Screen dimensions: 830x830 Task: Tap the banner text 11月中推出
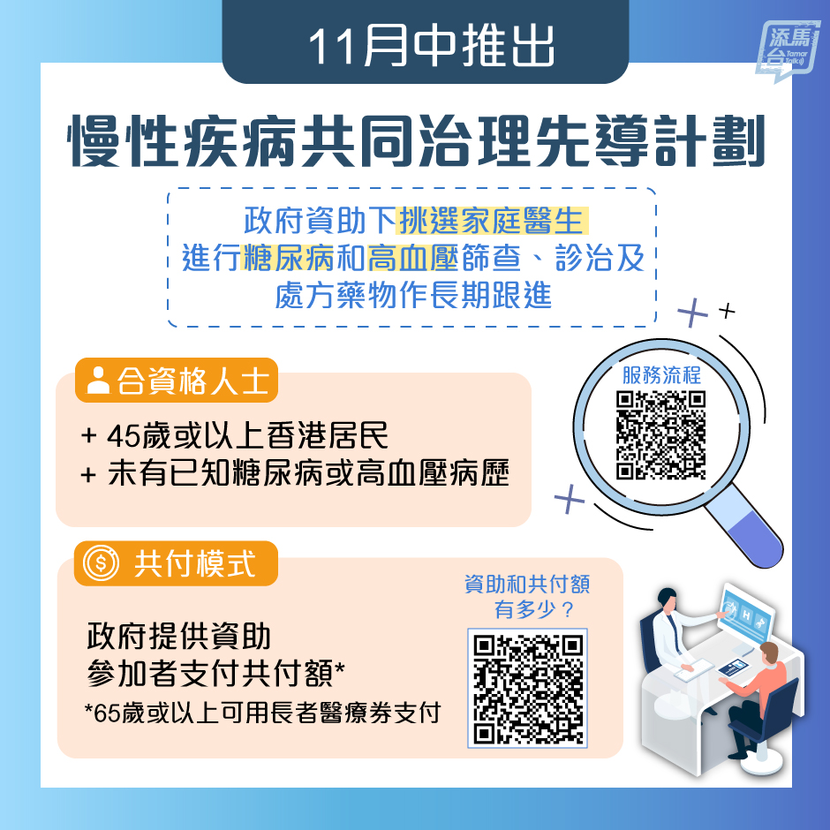[x=431, y=47]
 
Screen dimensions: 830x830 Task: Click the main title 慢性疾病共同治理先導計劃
[x=417, y=140]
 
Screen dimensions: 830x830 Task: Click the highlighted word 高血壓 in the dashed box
[x=412, y=258]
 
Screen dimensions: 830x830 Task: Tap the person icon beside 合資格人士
[x=98, y=381]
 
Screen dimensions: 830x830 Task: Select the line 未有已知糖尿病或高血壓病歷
[x=309, y=473]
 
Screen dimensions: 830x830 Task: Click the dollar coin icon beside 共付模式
[x=102, y=563]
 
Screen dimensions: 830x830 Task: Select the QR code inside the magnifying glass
[x=661, y=435]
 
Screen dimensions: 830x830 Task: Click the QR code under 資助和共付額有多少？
[x=528, y=688]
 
